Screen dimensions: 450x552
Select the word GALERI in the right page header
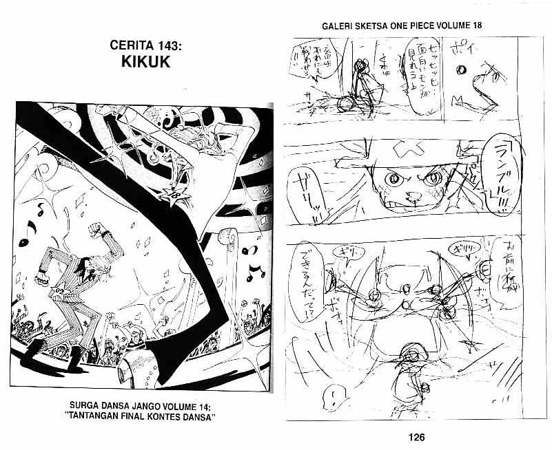tap(337, 26)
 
